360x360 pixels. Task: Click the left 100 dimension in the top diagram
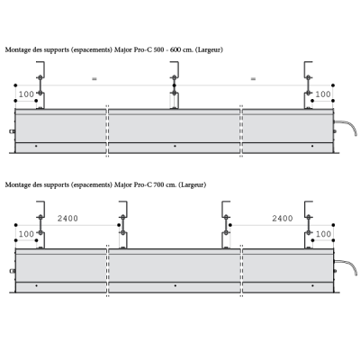click(x=26, y=94)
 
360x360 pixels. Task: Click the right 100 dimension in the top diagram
click(x=323, y=94)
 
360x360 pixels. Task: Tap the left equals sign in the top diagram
click(x=94, y=79)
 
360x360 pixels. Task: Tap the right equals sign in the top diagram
click(x=253, y=79)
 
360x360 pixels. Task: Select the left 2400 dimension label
click(x=67, y=219)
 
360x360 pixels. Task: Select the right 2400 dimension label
click(x=283, y=219)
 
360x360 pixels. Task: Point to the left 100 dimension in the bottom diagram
click(x=26, y=234)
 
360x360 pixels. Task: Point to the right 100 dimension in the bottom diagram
click(x=323, y=234)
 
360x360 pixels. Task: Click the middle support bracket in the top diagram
click(x=175, y=85)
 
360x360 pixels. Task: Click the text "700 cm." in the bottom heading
click(x=165, y=184)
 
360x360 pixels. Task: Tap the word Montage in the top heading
click(x=18, y=50)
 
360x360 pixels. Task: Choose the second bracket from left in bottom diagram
click(x=123, y=225)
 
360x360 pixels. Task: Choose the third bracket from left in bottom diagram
click(x=226, y=225)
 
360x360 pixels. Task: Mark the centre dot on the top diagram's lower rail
click(x=175, y=146)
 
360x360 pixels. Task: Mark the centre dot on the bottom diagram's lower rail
click(x=175, y=285)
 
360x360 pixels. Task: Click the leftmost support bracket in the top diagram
click(x=40, y=85)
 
